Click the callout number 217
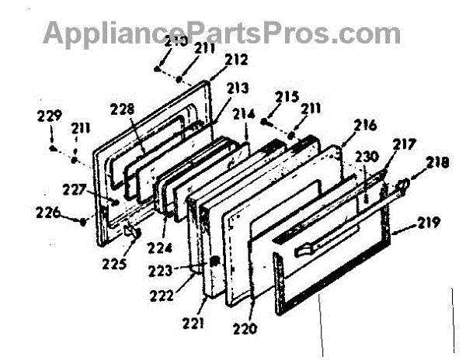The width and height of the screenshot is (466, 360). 405,144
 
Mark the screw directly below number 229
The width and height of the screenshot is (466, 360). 51,147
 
